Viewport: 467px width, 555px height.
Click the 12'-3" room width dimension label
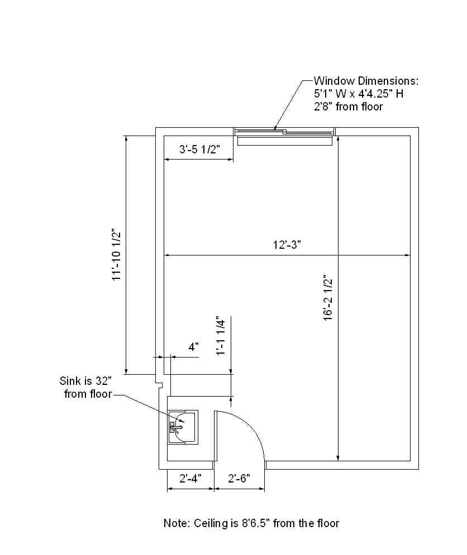(x=287, y=244)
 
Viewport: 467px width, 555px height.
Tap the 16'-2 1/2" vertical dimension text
(x=328, y=298)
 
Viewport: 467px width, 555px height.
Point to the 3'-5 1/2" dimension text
(x=199, y=149)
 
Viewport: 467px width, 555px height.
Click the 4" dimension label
(x=193, y=347)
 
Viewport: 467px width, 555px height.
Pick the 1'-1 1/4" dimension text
(x=221, y=336)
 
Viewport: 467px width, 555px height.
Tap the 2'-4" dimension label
(x=190, y=479)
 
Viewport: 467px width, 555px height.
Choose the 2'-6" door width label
(x=239, y=479)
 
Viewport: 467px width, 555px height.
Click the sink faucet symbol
(x=175, y=427)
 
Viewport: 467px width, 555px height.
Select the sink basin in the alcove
(x=183, y=427)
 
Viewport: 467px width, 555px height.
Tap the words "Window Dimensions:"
(x=366, y=81)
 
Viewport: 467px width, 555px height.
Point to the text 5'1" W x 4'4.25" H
(x=359, y=94)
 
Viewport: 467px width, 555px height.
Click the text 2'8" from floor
(x=348, y=107)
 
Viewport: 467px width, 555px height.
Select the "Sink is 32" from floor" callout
(x=86, y=387)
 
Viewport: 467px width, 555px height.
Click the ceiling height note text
(x=251, y=523)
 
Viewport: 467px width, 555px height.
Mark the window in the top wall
(x=284, y=132)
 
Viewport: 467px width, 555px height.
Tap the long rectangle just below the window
(x=285, y=141)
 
